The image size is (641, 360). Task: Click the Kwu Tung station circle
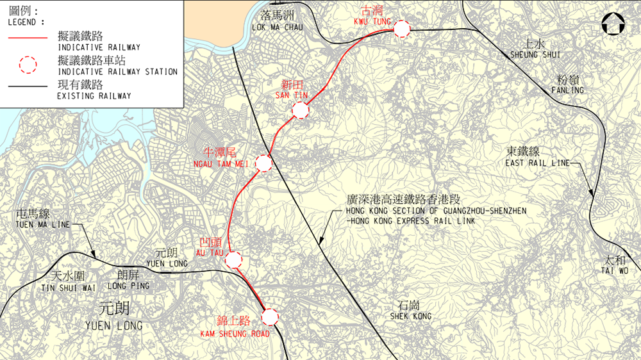coord(402,29)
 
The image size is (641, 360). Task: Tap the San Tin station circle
coord(300,111)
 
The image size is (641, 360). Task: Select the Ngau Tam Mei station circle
coord(264,163)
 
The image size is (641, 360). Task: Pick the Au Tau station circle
coord(233,259)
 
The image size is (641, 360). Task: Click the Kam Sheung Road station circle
coord(270,316)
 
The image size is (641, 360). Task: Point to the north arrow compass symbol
coord(613,25)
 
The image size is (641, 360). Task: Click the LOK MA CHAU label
coord(277,28)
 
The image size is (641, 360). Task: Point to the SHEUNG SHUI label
coord(535,54)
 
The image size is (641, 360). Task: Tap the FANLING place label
coord(568,90)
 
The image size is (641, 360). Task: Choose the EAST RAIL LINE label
coord(537,163)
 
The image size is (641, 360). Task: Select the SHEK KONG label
coord(411,316)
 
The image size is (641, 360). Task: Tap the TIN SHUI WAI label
coord(68,288)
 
